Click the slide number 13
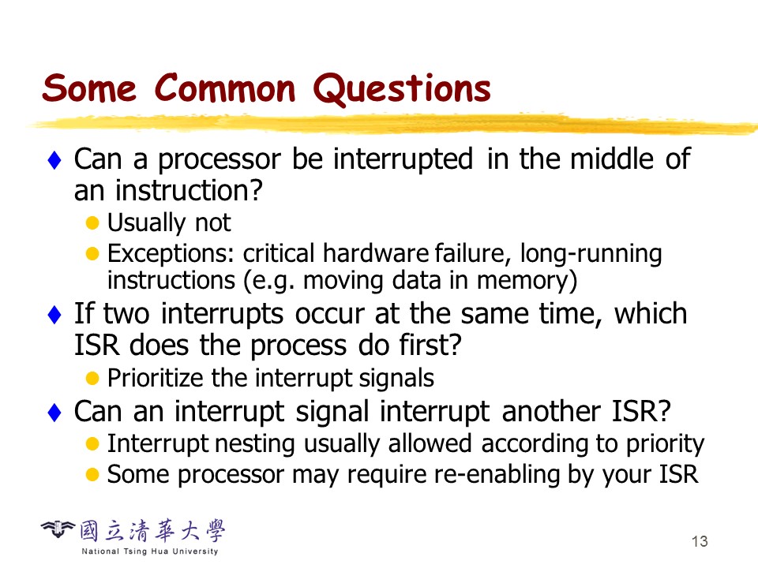[700, 541]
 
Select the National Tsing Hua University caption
[150, 551]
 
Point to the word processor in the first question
[219, 160]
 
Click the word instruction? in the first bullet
[189, 190]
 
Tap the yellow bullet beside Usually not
[92, 222]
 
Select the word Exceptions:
[171, 253]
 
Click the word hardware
[376, 253]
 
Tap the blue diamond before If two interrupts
[54, 315]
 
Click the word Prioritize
[155, 378]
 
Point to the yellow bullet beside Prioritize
[92, 378]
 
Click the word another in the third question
[551, 412]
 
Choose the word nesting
[254, 445]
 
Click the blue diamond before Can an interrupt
[54, 413]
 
